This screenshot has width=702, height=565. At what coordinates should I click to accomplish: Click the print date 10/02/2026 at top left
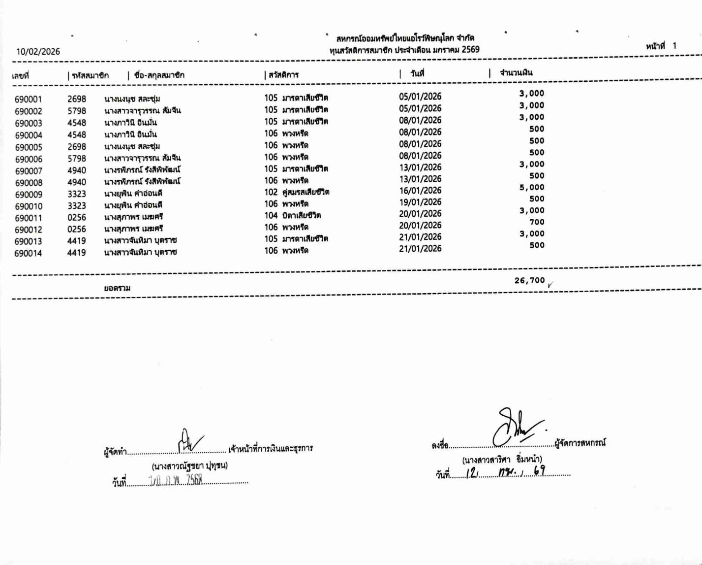pyautogui.click(x=38, y=52)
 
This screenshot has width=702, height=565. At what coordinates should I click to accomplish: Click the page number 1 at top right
pyautogui.click(x=674, y=46)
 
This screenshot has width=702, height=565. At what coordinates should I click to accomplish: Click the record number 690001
pyautogui.click(x=28, y=100)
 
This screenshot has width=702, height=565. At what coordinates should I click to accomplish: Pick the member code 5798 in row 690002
pyautogui.click(x=77, y=111)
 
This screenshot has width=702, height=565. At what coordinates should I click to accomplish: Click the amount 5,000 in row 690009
pyautogui.click(x=532, y=187)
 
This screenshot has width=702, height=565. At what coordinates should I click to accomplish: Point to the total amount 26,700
pyautogui.click(x=529, y=280)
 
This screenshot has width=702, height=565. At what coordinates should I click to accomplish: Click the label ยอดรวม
pyautogui.click(x=117, y=288)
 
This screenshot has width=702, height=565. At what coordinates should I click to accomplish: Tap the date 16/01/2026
pyautogui.click(x=420, y=191)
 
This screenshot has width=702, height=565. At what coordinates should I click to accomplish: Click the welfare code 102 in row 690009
pyautogui.click(x=271, y=192)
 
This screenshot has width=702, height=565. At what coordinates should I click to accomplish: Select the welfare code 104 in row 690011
pyautogui.click(x=271, y=215)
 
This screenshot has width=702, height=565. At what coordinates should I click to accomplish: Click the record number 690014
pyautogui.click(x=28, y=253)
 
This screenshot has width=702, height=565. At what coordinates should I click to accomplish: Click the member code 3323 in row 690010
pyautogui.click(x=77, y=205)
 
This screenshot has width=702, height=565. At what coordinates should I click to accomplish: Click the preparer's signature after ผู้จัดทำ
pyautogui.click(x=190, y=441)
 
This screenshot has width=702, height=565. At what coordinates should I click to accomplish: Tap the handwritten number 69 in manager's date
pyautogui.click(x=539, y=471)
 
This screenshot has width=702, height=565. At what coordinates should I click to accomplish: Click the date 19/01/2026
pyautogui.click(x=420, y=202)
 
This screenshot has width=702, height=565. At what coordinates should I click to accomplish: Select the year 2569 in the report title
pyautogui.click(x=470, y=50)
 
